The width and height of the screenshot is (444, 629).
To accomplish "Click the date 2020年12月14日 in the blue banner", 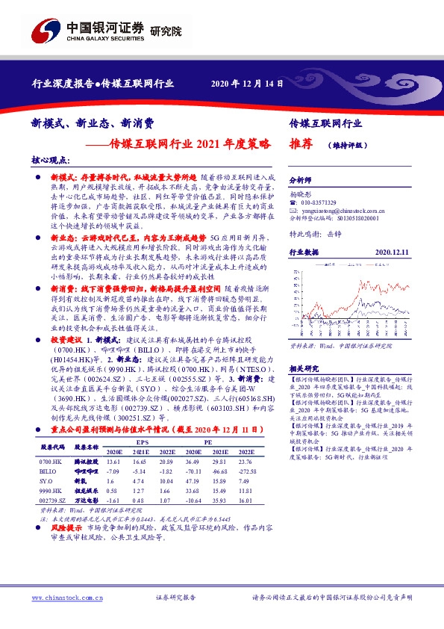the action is [x=247, y=83].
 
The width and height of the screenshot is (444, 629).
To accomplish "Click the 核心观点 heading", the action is [x=50, y=160].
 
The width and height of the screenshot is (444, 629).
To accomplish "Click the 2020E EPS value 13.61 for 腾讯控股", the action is [x=113, y=463].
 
